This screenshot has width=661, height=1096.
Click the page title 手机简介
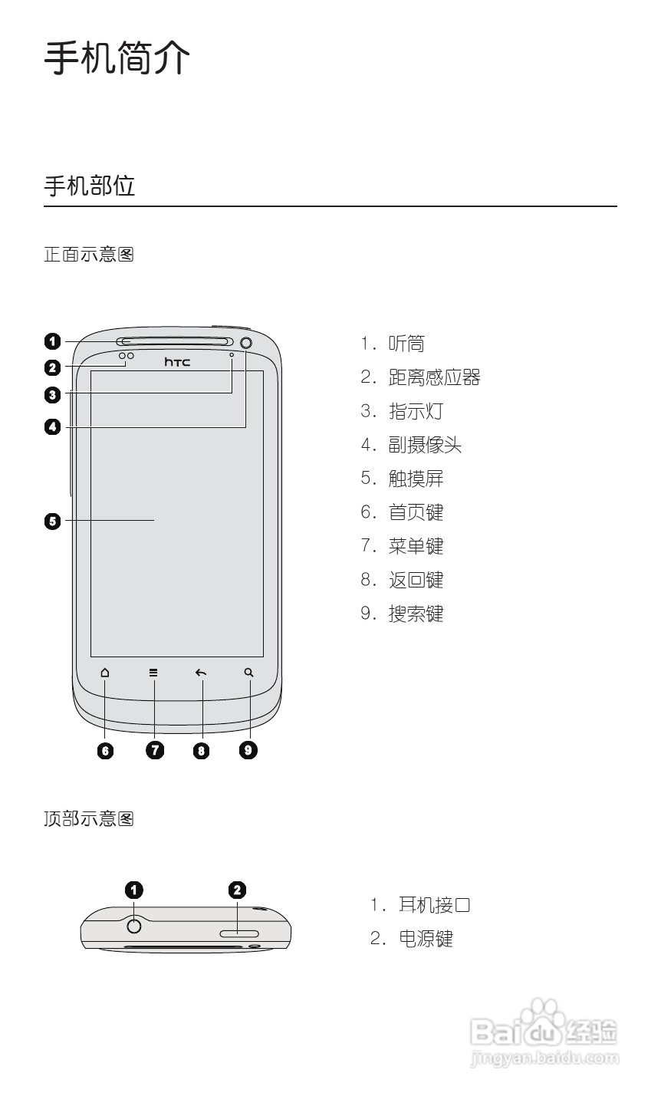[117, 58]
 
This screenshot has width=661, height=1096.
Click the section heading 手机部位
[89, 186]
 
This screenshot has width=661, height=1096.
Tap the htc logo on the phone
[177, 361]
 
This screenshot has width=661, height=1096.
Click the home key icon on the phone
[105, 673]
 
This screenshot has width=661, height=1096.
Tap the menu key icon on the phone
[153, 673]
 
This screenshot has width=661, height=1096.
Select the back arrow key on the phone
[201, 673]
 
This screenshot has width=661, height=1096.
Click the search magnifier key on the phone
[248, 673]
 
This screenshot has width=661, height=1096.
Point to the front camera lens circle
[246, 342]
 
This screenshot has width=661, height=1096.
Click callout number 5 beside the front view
[52, 522]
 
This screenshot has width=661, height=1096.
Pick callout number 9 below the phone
[248, 749]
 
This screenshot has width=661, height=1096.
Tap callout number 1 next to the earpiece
[52, 341]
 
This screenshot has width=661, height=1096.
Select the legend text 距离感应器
[434, 377]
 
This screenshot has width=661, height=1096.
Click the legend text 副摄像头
[425, 445]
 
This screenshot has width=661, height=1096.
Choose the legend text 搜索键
[416, 614]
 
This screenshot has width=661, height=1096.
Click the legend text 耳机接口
[434, 905]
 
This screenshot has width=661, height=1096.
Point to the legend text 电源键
[426, 939]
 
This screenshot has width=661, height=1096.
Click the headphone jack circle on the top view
[134, 926]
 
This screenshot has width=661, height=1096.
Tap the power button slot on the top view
[239, 933]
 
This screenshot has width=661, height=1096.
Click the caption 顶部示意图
[89, 819]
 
